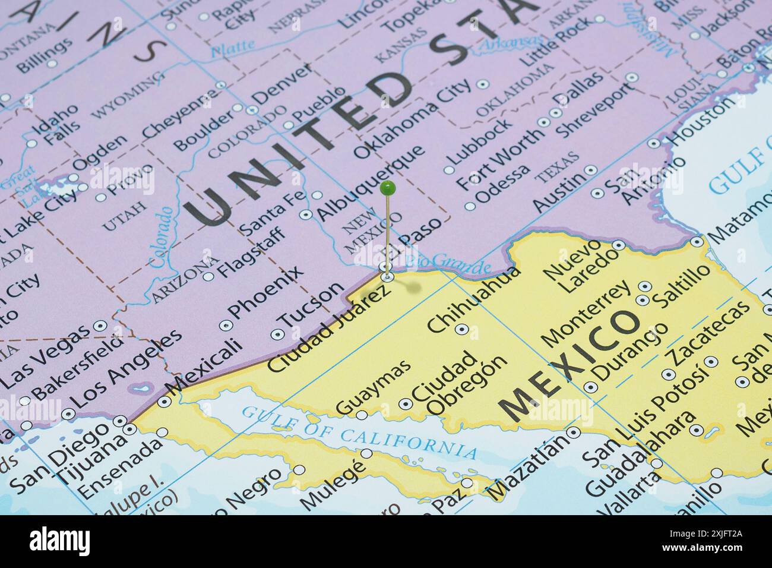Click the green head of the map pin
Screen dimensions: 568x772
(387, 189)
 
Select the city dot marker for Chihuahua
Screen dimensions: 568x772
(461, 329)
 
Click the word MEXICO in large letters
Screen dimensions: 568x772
(570, 364)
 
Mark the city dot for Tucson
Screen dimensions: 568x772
(277, 335)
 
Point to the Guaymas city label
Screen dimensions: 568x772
(373, 387)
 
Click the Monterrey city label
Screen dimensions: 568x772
(586, 314)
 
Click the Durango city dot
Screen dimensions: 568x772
(590, 387)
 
